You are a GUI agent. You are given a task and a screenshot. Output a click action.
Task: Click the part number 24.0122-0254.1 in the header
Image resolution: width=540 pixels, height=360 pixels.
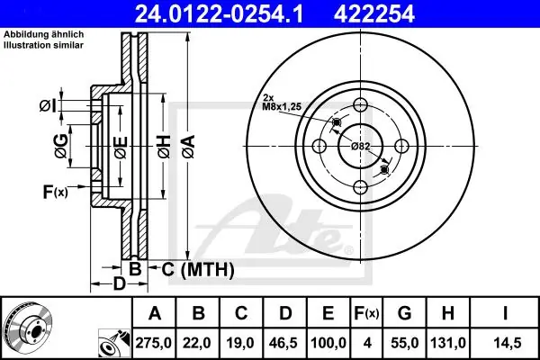tap(219, 13)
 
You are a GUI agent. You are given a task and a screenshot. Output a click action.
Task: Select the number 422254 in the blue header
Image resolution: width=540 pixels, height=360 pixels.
tap(374, 13)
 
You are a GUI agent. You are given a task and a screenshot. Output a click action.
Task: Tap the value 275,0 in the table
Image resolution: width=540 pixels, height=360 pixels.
tap(154, 343)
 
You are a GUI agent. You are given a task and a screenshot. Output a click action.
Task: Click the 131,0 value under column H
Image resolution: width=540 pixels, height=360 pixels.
tap(447, 343)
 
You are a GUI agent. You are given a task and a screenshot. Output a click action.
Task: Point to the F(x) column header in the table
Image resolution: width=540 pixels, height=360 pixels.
tap(366, 313)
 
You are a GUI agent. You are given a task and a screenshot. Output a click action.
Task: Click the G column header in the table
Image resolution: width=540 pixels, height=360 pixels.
tap(404, 313)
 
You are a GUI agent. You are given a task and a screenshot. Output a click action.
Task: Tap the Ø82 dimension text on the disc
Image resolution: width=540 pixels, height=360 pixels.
tap(361, 147)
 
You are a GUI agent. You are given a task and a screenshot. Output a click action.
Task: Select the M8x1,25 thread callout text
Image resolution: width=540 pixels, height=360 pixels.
tap(282, 107)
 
